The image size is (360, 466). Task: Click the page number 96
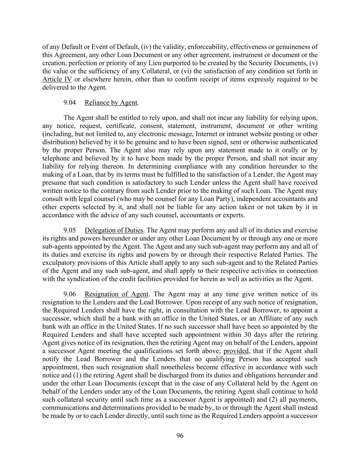(180, 436)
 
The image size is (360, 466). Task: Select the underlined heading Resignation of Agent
(116, 294)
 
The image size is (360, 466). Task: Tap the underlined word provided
(236, 351)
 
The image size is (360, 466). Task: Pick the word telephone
(56, 158)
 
